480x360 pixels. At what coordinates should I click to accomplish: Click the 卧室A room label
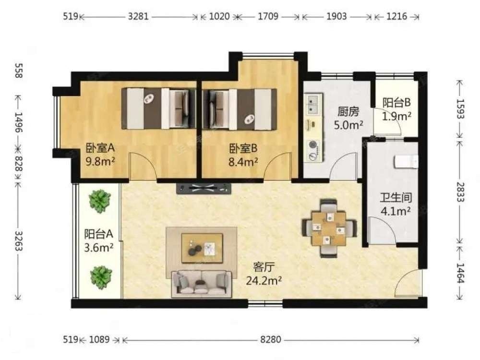point(100,148)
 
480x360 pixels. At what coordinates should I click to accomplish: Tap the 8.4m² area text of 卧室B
point(243,162)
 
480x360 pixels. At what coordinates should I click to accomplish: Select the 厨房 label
point(348,112)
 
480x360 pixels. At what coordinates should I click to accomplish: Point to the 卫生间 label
point(396,198)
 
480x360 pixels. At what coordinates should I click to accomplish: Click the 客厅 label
point(263,267)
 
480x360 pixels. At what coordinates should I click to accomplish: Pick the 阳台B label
point(396,103)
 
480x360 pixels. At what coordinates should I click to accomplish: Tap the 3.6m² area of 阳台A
point(99,247)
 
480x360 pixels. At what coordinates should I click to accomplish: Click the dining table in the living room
point(329,228)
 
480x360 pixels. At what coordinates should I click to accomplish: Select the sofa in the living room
point(201,284)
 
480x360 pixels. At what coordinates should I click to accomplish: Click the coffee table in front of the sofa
point(202,248)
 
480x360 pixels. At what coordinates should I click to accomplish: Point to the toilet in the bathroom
point(406,162)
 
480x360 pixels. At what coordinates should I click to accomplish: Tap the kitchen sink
point(313,104)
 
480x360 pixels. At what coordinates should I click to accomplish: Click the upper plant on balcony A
point(99,201)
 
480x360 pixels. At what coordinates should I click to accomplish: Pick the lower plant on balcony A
point(101,277)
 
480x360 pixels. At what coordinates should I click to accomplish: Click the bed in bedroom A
point(158,108)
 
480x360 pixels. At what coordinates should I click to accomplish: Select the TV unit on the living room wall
point(204,188)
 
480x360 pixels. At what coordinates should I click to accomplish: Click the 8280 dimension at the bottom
point(271,339)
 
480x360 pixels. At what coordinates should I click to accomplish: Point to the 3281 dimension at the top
point(138,16)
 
